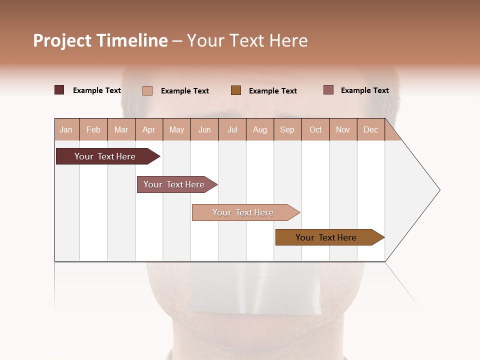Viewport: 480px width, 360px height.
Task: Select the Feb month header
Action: tap(93, 129)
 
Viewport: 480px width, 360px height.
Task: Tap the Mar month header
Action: tap(121, 129)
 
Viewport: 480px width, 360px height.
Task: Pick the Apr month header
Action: tap(149, 129)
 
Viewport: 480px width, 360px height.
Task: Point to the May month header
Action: tap(176, 129)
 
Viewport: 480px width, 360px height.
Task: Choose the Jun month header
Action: tap(204, 129)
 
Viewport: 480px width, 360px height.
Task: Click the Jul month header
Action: tap(232, 129)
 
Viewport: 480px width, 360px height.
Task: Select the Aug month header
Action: tap(260, 129)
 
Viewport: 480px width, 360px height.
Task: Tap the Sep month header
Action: tap(287, 129)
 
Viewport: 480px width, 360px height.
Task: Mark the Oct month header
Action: tap(315, 129)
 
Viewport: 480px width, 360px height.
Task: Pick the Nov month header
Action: tap(343, 129)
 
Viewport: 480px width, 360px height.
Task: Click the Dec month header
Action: tap(371, 129)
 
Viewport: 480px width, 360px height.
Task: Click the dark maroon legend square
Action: tap(59, 90)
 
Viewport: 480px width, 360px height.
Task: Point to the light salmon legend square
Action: tap(147, 90)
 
